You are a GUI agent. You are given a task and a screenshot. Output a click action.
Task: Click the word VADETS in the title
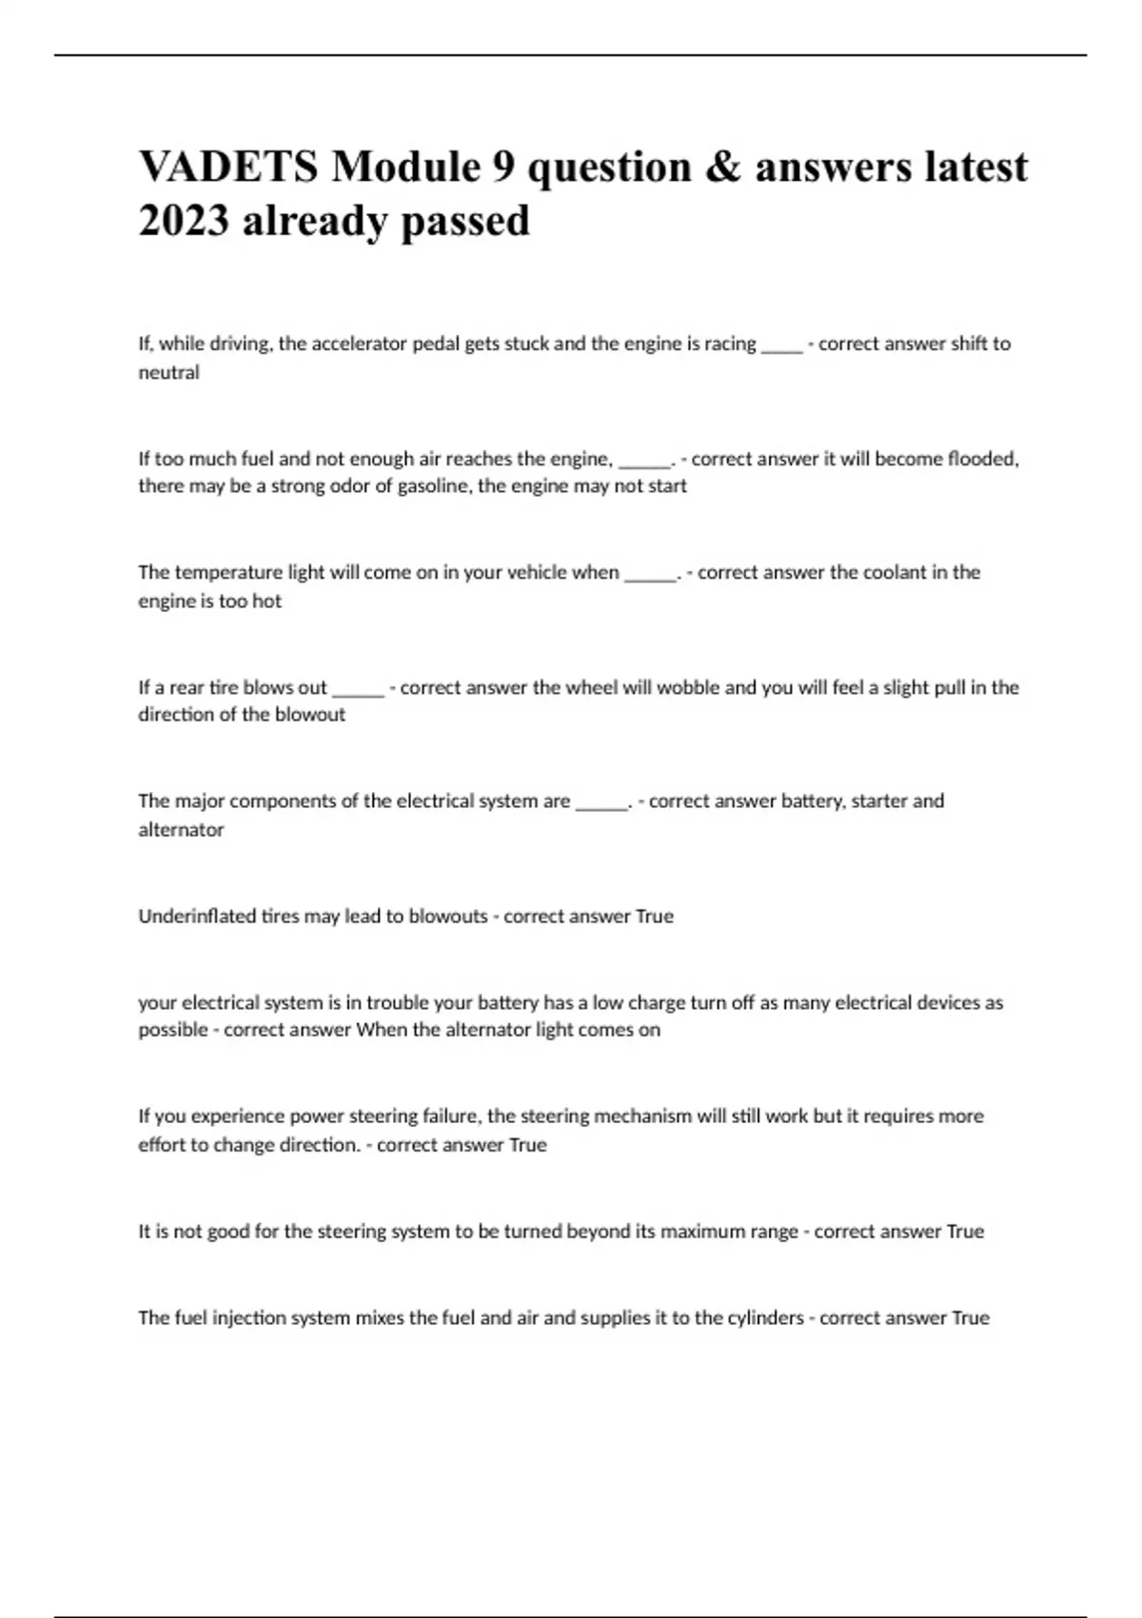click(228, 168)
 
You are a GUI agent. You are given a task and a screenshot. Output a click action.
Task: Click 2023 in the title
click(184, 221)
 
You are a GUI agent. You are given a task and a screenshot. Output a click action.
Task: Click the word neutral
click(168, 372)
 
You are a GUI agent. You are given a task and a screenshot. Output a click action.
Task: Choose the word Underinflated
click(197, 916)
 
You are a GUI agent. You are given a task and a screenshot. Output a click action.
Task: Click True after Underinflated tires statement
click(654, 916)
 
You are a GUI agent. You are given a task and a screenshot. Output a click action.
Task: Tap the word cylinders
click(752, 1317)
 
